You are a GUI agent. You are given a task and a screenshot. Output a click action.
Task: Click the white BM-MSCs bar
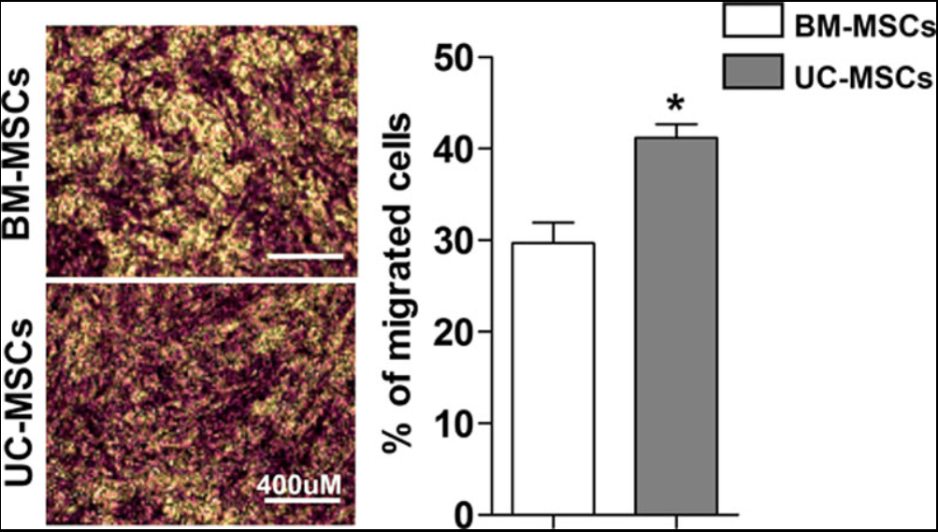pos(554,378)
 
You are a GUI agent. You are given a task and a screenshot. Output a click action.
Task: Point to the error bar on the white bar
pos(554,231)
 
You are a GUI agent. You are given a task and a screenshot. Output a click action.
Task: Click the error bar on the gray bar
pos(676,129)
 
